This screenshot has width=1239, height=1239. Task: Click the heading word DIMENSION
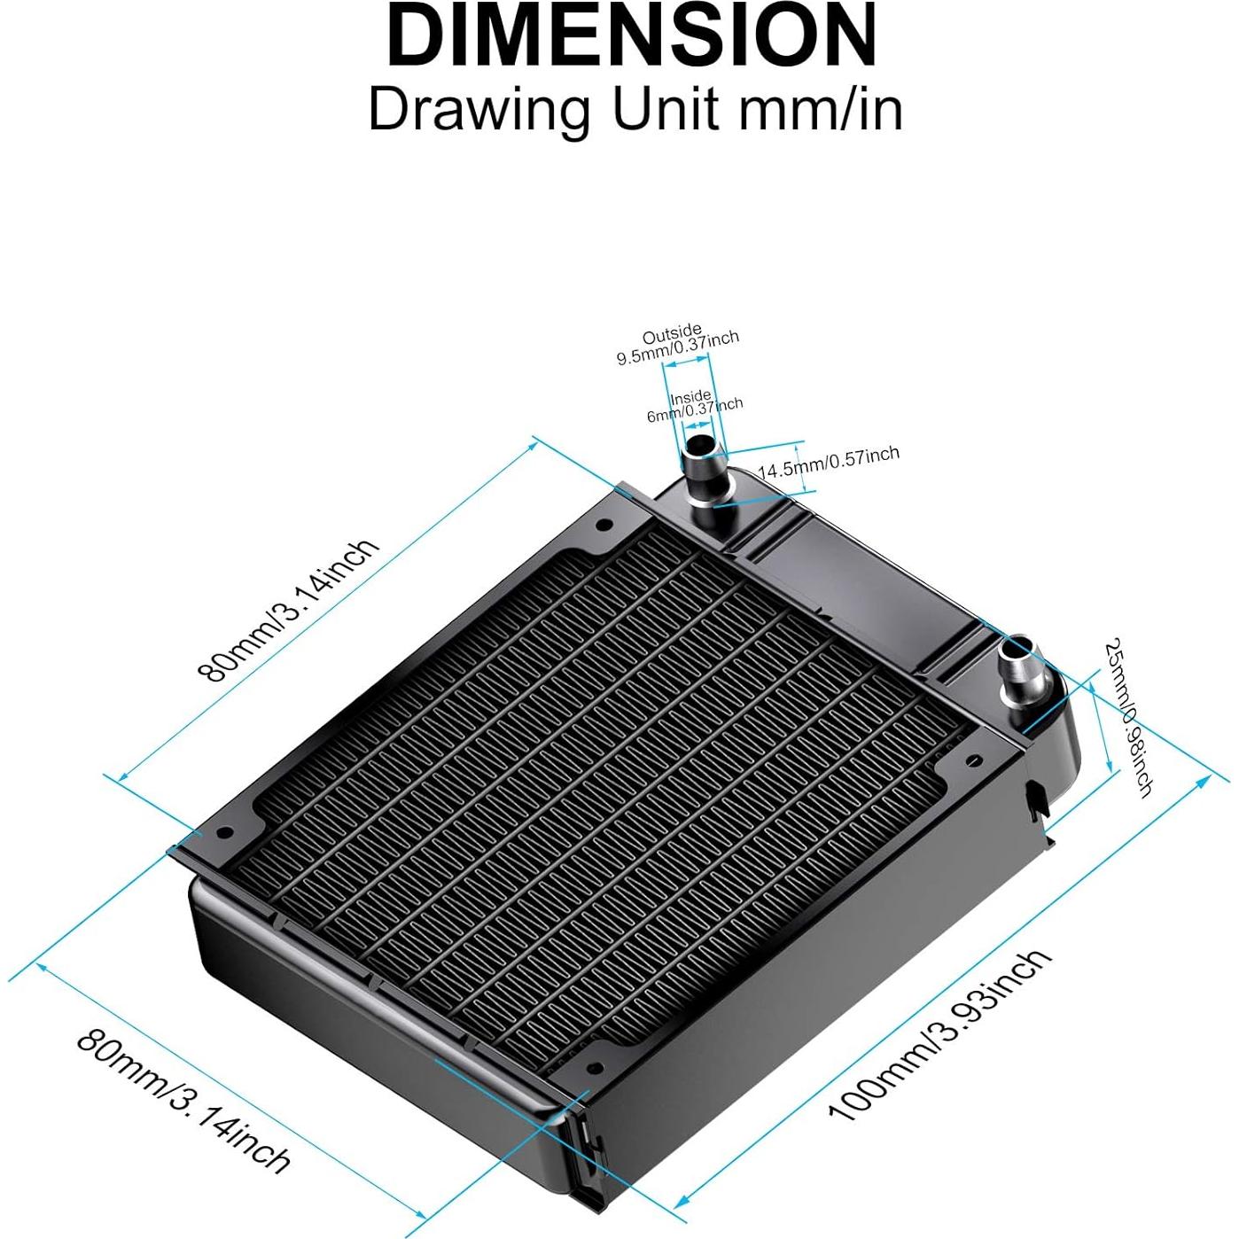click(631, 37)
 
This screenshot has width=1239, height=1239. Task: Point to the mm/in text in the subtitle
click(821, 111)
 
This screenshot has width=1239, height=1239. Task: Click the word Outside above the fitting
click(672, 334)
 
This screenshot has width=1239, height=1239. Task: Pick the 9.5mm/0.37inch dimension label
click(678, 347)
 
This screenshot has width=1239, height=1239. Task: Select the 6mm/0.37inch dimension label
click(695, 410)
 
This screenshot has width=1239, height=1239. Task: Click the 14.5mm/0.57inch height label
click(828, 463)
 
